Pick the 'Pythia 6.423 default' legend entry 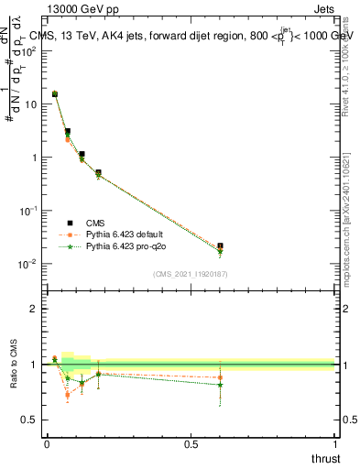[x=115, y=234]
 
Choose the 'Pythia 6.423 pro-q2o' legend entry [x=115, y=246]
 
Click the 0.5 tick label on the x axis [x=191, y=445]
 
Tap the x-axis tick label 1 [x=335, y=445]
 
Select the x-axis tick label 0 [x=46, y=445]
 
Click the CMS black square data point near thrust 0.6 [x=220, y=245]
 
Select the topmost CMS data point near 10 [x=55, y=93]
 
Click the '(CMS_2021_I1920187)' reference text [x=190, y=274]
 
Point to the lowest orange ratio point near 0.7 [x=68, y=396]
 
